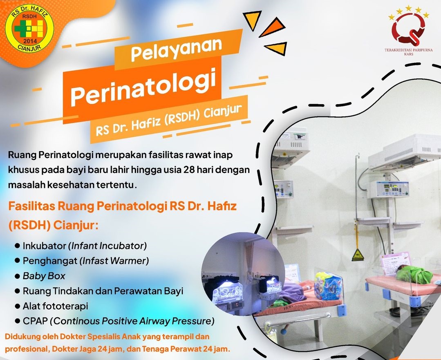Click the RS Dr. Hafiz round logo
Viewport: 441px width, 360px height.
(29, 29)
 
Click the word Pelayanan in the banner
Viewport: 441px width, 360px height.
(176, 49)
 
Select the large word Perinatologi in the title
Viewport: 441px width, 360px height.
(143, 86)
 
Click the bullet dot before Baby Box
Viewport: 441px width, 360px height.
(18, 276)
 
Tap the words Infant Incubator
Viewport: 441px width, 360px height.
(107, 246)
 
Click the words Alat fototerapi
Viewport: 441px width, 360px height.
(56, 306)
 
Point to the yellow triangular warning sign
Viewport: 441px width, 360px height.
(358, 255)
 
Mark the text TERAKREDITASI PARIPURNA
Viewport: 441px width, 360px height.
(408, 50)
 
